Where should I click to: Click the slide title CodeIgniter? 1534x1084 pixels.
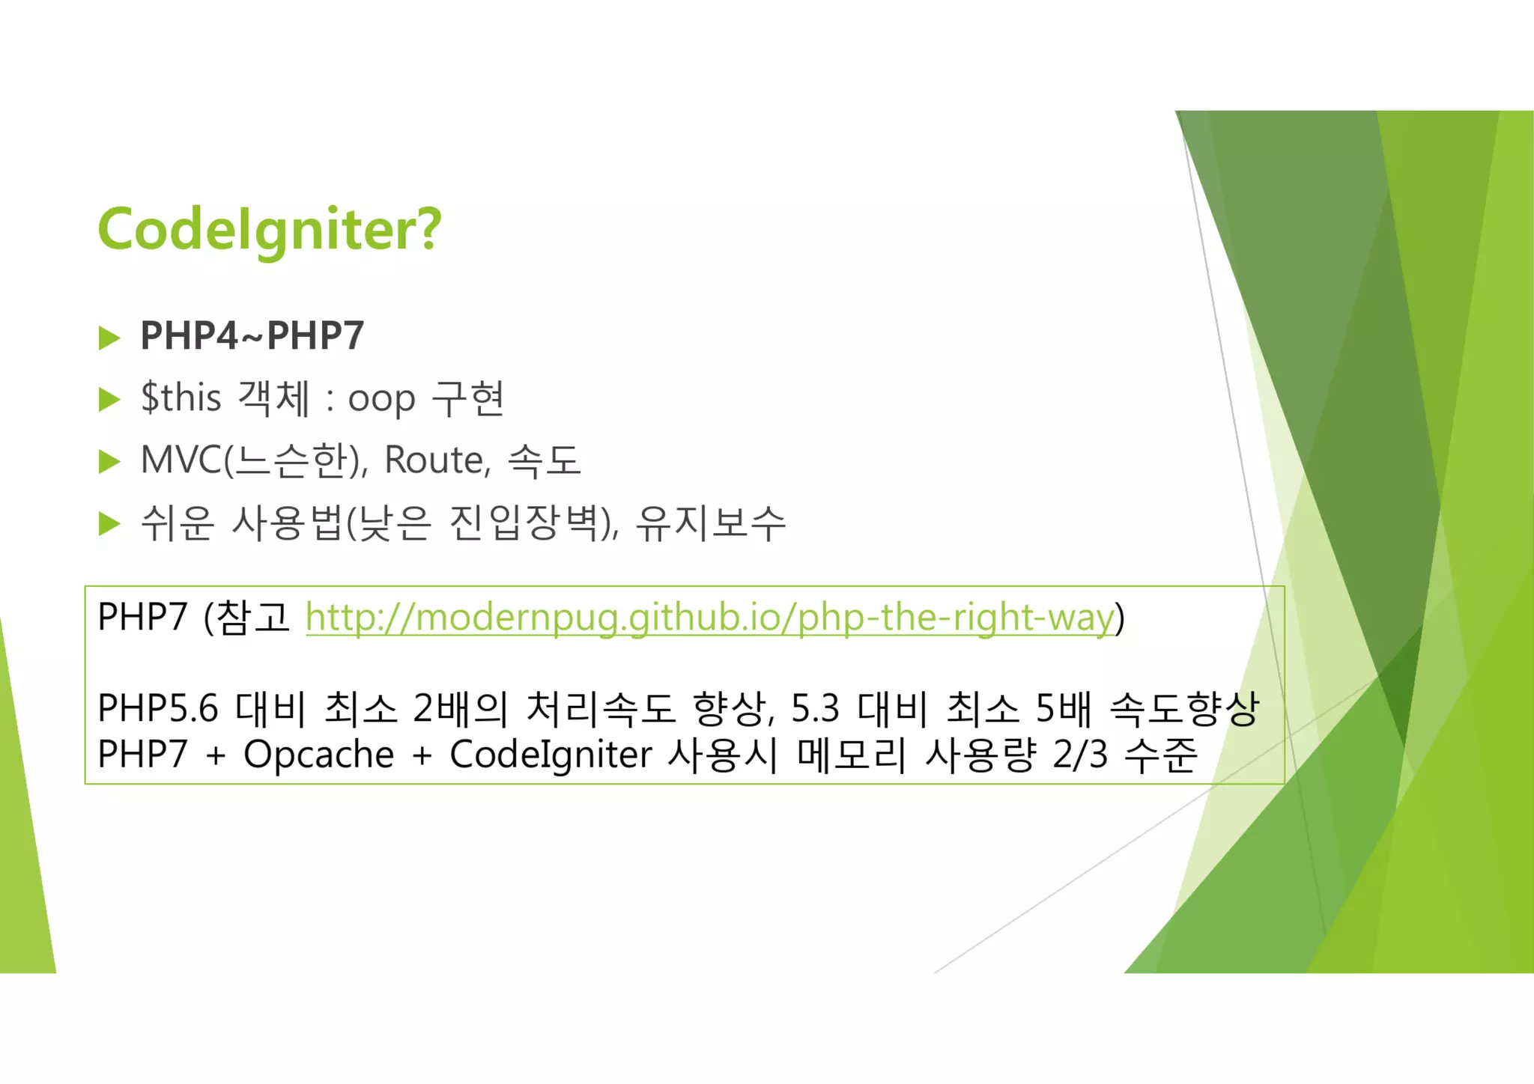270,229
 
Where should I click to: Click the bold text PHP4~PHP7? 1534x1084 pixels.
252,335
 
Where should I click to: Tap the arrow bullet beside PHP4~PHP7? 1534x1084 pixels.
109,338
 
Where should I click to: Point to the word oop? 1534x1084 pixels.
381,400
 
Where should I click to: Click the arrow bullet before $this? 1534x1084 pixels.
109,400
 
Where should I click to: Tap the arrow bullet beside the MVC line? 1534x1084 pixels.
109,462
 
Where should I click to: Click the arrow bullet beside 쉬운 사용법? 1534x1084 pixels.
109,524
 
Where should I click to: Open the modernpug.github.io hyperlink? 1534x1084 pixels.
710,618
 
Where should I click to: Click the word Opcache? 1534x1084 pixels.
318,755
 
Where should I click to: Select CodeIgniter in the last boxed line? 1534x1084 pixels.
551,755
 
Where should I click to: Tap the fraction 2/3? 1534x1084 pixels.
1079,755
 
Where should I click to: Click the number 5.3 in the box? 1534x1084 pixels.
815,708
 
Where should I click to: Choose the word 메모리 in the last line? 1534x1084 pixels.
852,755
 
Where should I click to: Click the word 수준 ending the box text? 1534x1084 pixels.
1160,755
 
